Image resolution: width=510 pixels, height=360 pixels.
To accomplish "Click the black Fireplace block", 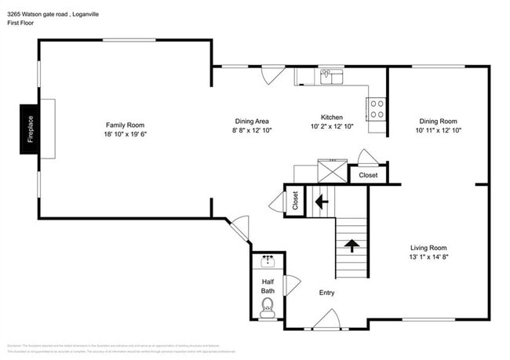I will click(x=30, y=129).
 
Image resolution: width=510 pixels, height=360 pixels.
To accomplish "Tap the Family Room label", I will click(x=126, y=125).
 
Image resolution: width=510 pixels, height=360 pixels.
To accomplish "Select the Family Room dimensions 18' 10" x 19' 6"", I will click(x=126, y=134).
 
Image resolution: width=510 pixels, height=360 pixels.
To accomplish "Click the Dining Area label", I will click(x=253, y=121).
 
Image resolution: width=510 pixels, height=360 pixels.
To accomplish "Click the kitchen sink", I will click(x=331, y=77).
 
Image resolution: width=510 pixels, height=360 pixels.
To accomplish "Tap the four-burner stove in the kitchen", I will click(x=377, y=108).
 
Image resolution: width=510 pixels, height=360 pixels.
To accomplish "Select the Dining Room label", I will click(x=438, y=121).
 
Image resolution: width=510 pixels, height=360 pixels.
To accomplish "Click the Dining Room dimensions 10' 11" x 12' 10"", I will click(x=438, y=130).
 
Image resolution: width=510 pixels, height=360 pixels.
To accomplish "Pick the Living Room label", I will click(x=428, y=248).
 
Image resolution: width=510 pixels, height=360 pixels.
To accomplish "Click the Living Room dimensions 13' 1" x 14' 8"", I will click(x=428, y=257).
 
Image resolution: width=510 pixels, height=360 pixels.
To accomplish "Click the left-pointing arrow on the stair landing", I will click(x=321, y=202).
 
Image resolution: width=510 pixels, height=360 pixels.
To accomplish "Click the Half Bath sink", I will click(x=268, y=261).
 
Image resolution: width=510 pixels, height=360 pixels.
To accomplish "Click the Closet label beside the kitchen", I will click(x=368, y=175).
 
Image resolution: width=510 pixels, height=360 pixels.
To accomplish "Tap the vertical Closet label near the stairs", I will click(x=295, y=202).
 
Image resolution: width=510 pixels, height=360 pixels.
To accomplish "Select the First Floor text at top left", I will click(x=23, y=24).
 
